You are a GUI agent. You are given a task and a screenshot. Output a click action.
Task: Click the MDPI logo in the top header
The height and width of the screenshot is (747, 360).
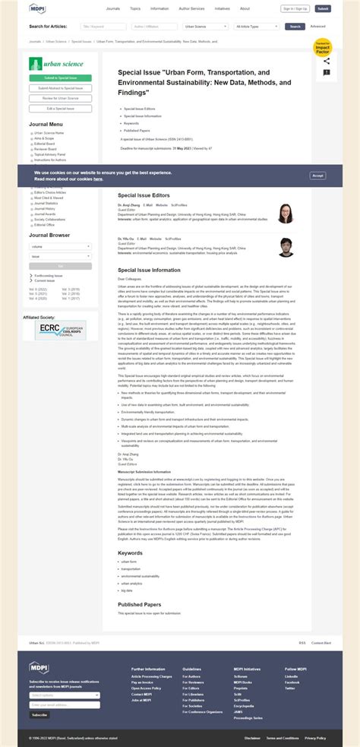[x=38, y=8]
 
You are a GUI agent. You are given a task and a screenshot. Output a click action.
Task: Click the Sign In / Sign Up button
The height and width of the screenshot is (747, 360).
[x=295, y=9]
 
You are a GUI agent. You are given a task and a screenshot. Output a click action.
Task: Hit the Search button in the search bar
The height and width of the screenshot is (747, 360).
[x=295, y=26]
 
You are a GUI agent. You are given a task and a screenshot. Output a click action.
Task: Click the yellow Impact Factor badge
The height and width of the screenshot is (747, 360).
[x=324, y=49]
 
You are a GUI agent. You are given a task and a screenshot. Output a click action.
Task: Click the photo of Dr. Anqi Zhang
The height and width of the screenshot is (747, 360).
[x=286, y=214]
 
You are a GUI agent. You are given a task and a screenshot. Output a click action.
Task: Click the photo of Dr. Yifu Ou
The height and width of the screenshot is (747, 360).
[x=286, y=247]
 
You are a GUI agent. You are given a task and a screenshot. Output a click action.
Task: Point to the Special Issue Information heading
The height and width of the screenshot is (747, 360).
[x=149, y=270]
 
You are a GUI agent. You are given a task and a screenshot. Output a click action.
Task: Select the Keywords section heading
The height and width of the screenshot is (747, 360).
[x=130, y=552]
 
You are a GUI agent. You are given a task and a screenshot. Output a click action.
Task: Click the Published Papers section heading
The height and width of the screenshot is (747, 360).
[x=139, y=604]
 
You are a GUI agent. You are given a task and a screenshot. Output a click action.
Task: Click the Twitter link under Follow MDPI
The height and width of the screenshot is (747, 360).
[x=291, y=688]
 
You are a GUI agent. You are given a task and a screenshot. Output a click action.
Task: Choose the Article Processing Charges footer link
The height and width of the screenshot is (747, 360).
[x=151, y=676]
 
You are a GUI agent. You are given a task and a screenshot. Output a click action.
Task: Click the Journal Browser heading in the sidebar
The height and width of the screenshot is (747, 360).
[x=49, y=236]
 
